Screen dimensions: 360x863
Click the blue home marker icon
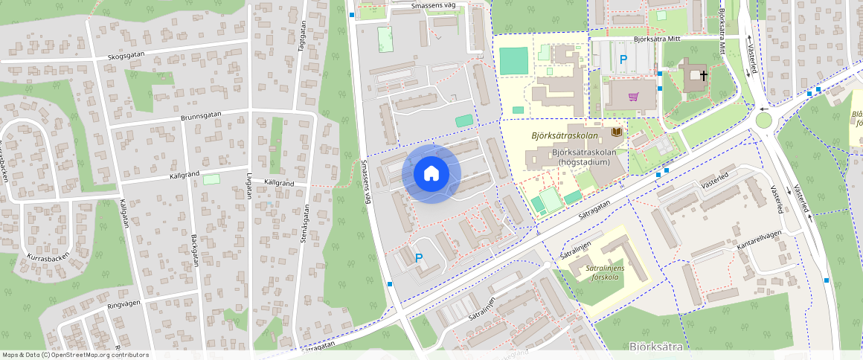coord(431,173)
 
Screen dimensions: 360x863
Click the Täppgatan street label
coord(302,35)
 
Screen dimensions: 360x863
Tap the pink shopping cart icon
coord(633,96)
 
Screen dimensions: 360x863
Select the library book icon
coord(616,132)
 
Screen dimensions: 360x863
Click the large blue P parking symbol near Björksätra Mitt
coord(623,59)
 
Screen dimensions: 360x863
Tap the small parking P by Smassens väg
coord(419,258)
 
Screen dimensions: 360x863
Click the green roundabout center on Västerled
coord(764,120)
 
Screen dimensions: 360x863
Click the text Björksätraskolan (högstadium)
coord(581,157)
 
